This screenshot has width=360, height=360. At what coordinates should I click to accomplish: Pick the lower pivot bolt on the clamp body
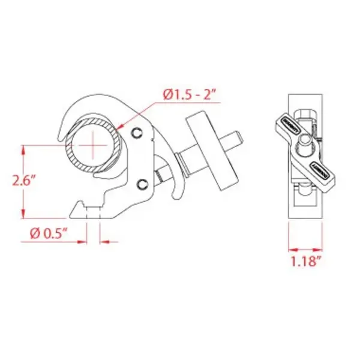142,184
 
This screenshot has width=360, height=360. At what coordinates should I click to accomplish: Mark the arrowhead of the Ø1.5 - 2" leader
122,127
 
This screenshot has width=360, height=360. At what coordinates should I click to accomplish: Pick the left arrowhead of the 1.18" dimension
290,247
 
